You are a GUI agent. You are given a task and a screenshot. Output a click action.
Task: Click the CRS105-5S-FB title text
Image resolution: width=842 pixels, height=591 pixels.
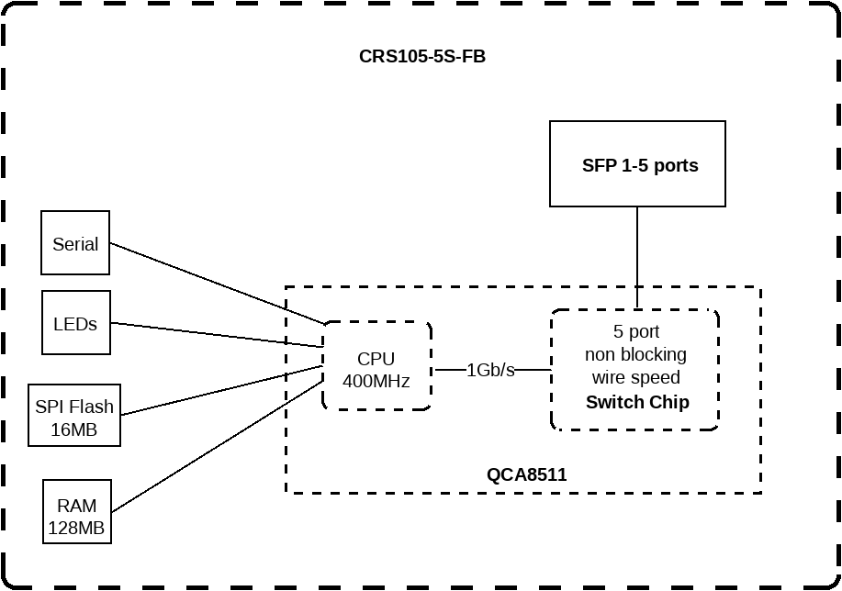click(422, 56)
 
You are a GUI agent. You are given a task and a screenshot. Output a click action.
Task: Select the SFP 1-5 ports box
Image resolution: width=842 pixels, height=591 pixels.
click(637, 164)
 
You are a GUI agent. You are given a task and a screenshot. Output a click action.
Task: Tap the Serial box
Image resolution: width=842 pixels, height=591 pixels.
click(75, 243)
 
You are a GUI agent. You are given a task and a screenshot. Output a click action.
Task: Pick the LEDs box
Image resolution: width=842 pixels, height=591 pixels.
click(75, 323)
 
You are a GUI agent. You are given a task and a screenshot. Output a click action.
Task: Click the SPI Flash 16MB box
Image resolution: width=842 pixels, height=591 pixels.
click(74, 416)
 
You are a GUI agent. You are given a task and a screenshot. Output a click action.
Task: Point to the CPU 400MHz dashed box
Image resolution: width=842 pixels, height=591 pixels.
click(376, 365)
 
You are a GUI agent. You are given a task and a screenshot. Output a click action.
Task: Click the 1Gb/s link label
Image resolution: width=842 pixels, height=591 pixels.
click(490, 370)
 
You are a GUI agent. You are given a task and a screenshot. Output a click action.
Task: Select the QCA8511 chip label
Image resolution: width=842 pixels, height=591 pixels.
click(526, 474)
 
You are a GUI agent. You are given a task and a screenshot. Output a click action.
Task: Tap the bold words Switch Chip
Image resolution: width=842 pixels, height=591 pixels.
click(637, 402)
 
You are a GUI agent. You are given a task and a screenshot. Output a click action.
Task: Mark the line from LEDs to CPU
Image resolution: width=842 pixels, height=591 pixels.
click(217, 335)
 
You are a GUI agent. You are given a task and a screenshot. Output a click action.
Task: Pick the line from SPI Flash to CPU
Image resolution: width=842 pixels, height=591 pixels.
click(220, 391)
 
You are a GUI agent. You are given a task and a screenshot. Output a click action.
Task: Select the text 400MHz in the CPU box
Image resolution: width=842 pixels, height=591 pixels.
click(376, 380)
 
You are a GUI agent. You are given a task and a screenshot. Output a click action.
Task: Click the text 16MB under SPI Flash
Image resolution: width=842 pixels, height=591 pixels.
click(74, 429)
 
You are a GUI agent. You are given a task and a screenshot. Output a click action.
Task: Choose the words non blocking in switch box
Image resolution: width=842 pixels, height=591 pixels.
click(635, 354)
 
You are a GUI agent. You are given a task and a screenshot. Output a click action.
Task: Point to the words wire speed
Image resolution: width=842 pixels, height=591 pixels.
click(635, 377)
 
